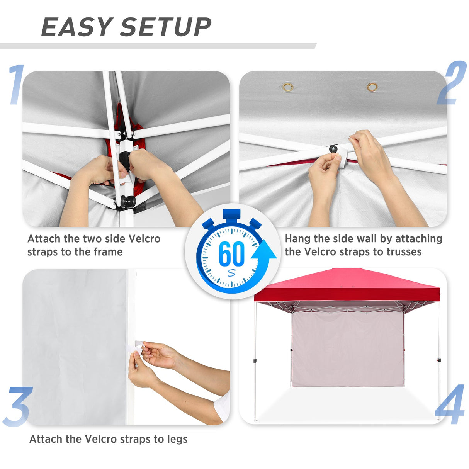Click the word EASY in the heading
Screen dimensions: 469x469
click(76, 27)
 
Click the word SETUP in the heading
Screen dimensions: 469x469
click(166, 27)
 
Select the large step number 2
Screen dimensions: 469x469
click(452, 83)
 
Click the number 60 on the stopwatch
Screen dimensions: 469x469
click(231, 254)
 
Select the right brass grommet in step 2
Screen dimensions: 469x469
click(372, 87)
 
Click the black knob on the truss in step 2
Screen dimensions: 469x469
click(332, 149)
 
